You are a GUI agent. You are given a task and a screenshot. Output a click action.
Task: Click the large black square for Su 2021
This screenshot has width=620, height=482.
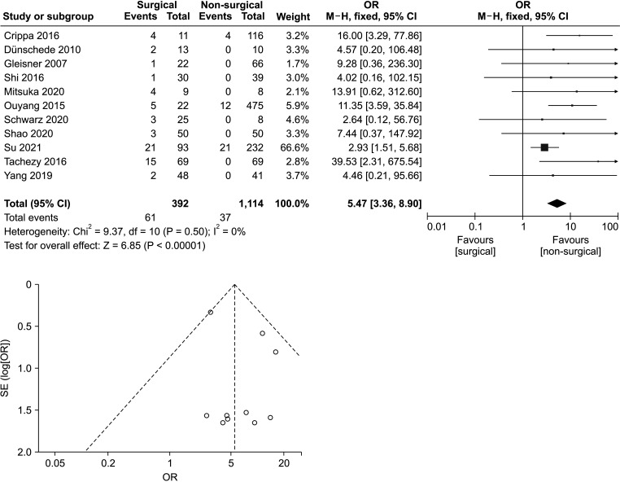click(x=544, y=147)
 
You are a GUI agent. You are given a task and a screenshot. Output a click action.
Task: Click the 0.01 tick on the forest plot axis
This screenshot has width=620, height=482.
click(x=437, y=225)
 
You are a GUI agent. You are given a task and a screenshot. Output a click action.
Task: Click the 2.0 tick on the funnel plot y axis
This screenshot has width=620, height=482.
click(x=24, y=451)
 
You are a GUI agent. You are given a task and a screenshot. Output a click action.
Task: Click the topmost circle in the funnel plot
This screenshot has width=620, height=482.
click(x=211, y=312)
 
